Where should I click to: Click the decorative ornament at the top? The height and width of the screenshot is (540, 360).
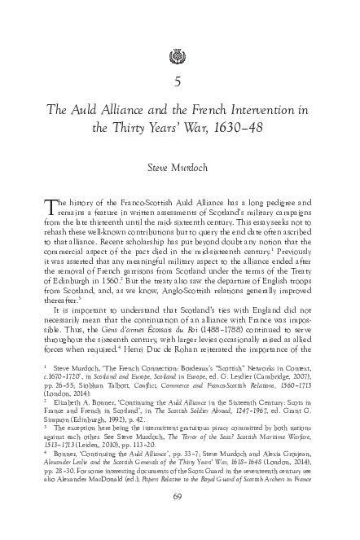tap(180, 56)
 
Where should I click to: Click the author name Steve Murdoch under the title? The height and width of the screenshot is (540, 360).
tap(179, 168)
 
